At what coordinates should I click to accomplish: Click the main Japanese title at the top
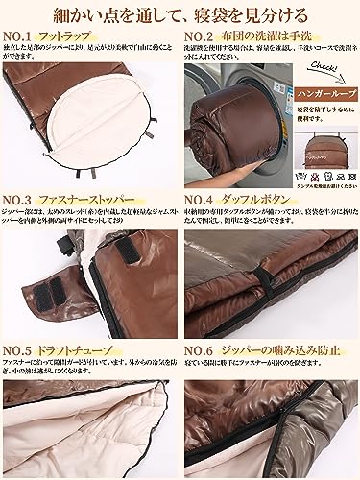[180, 14]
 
